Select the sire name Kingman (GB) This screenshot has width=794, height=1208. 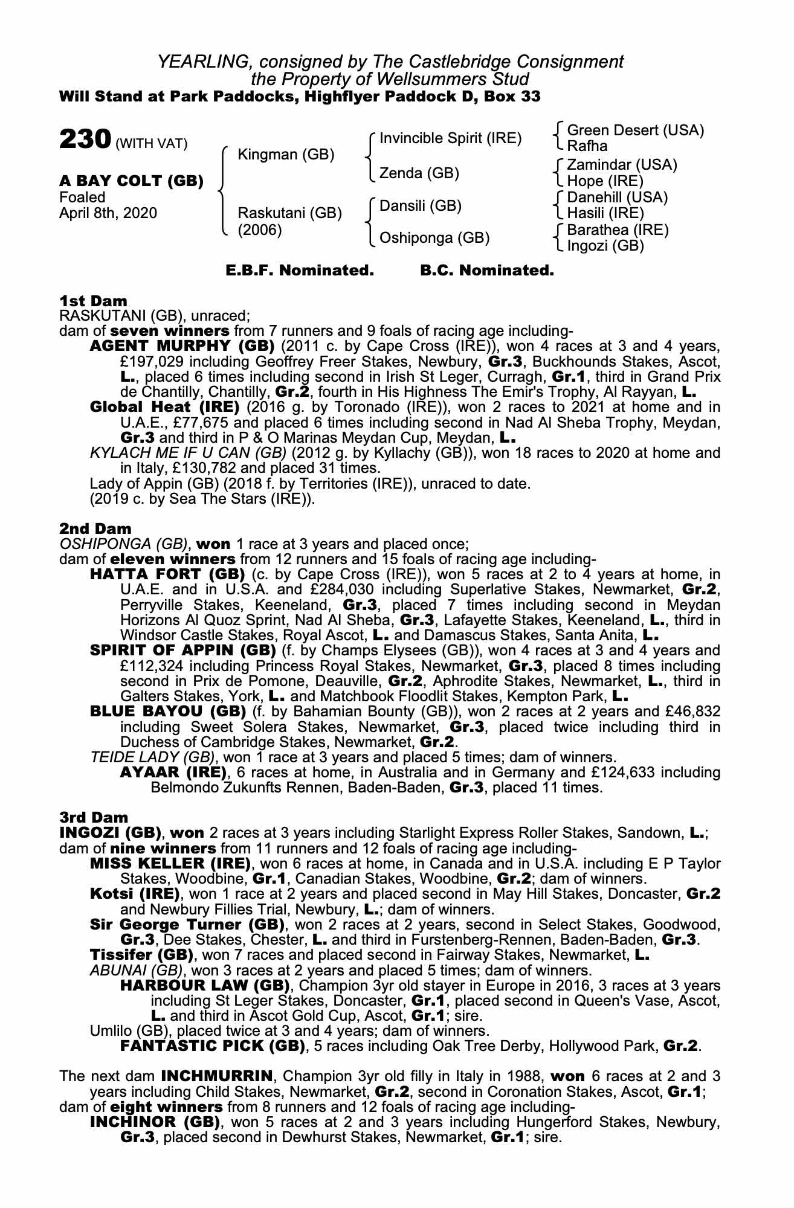click(x=286, y=155)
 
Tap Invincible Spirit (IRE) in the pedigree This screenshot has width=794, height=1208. click(x=450, y=138)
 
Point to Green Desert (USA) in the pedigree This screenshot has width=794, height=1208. click(x=636, y=130)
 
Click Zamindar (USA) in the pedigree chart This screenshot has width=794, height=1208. click(x=622, y=165)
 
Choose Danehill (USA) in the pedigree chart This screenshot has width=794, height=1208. click(x=618, y=198)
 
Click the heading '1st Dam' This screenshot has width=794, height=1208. click(x=94, y=301)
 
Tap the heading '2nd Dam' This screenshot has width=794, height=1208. click(x=95, y=528)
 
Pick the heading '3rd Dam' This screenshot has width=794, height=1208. click(x=94, y=817)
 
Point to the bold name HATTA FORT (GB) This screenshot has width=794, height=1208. click(x=167, y=574)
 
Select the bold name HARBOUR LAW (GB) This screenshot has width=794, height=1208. click(x=204, y=986)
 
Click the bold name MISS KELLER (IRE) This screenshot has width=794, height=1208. click(x=170, y=863)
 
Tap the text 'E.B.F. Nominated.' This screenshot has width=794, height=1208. click(x=300, y=271)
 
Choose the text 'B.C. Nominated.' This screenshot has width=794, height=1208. click(x=487, y=271)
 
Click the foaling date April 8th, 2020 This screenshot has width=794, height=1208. click(x=108, y=213)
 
